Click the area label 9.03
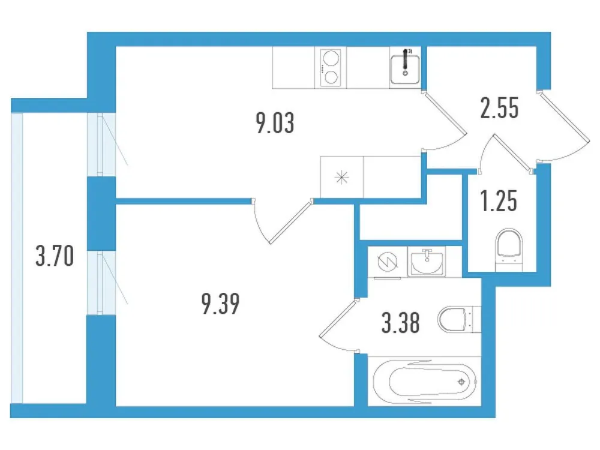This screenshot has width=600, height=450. coord(275,124)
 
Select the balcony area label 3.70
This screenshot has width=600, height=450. coord(54,257)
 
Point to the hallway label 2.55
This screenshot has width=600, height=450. coord(499,110)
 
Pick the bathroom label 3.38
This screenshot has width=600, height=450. coord(400,325)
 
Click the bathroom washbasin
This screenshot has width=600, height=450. coord(427,262)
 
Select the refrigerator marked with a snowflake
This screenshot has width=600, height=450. coord(342,177)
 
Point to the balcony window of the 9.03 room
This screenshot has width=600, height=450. coord(101,143)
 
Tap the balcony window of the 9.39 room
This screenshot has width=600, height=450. coord(101,282)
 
